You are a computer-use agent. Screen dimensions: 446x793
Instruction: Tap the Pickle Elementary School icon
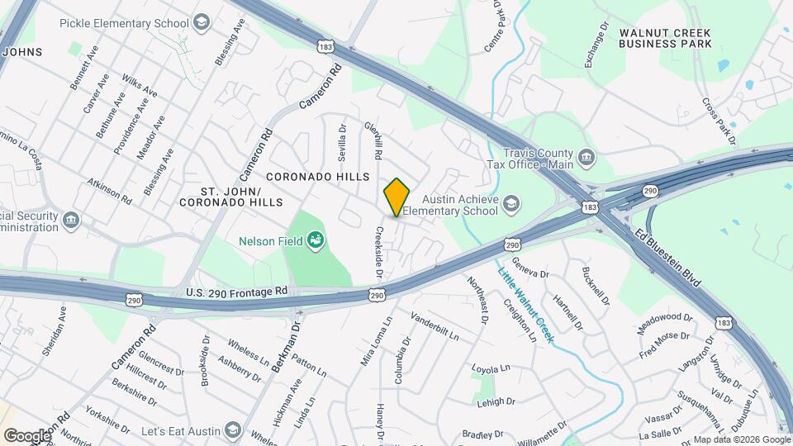point(202,22)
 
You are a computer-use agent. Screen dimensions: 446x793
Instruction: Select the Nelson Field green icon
point(314,241)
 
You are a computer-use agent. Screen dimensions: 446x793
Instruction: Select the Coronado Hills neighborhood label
point(317,177)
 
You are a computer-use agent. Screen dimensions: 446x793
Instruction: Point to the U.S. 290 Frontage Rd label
point(236,292)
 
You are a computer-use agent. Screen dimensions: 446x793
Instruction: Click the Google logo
point(26,435)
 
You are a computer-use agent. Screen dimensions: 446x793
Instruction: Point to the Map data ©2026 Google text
point(741,440)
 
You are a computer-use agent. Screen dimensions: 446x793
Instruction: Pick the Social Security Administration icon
point(71,220)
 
